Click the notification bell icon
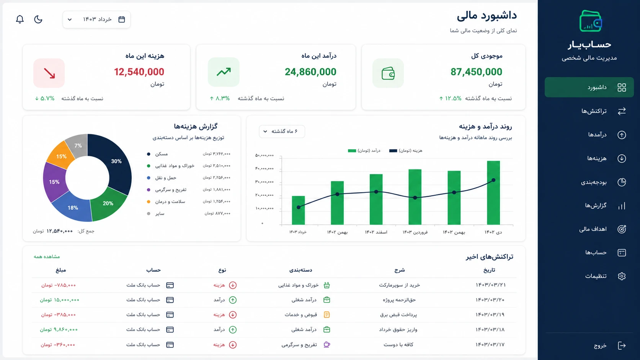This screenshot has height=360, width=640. click(20, 19)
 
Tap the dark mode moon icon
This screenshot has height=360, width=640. click(38, 19)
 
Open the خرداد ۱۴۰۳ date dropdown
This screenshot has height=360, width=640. click(96, 20)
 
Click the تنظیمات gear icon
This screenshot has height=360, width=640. click(622, 276)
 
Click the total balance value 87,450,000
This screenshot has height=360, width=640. click(476, 72)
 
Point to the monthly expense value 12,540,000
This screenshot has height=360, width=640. click(139, 72)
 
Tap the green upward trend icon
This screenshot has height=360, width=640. click(224, 72)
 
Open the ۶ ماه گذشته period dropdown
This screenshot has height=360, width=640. click(282, 131)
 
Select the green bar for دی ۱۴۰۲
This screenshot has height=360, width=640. click(493, 193)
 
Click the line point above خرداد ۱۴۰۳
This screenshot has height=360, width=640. click(298, 207)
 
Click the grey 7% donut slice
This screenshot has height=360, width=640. click(78, 146)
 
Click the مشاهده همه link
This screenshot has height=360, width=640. click(47, 257)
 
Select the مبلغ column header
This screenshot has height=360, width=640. click(61, 270)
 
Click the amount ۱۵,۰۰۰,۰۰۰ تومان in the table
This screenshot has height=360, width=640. click(59, 300)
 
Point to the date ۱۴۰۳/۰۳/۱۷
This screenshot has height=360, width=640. click(490, 345)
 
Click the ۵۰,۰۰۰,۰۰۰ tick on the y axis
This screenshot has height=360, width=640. click(264, 155)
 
